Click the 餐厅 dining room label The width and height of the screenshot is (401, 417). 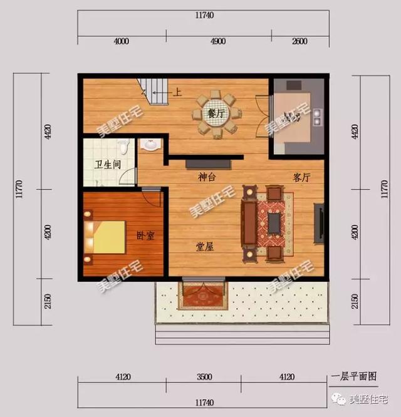click(216, 114)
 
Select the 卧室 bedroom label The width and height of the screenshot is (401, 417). click(145, 236)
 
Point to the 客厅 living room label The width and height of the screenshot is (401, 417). click(301, 177)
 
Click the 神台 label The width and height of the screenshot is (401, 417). click(207, 177)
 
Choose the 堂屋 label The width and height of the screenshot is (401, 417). click(205, 247)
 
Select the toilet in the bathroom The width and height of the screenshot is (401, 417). click(125, 147)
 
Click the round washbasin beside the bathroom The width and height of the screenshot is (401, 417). click(150, 145)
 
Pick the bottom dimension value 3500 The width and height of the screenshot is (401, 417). click(204, 378)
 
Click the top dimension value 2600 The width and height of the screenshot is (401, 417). click(299, 42)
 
